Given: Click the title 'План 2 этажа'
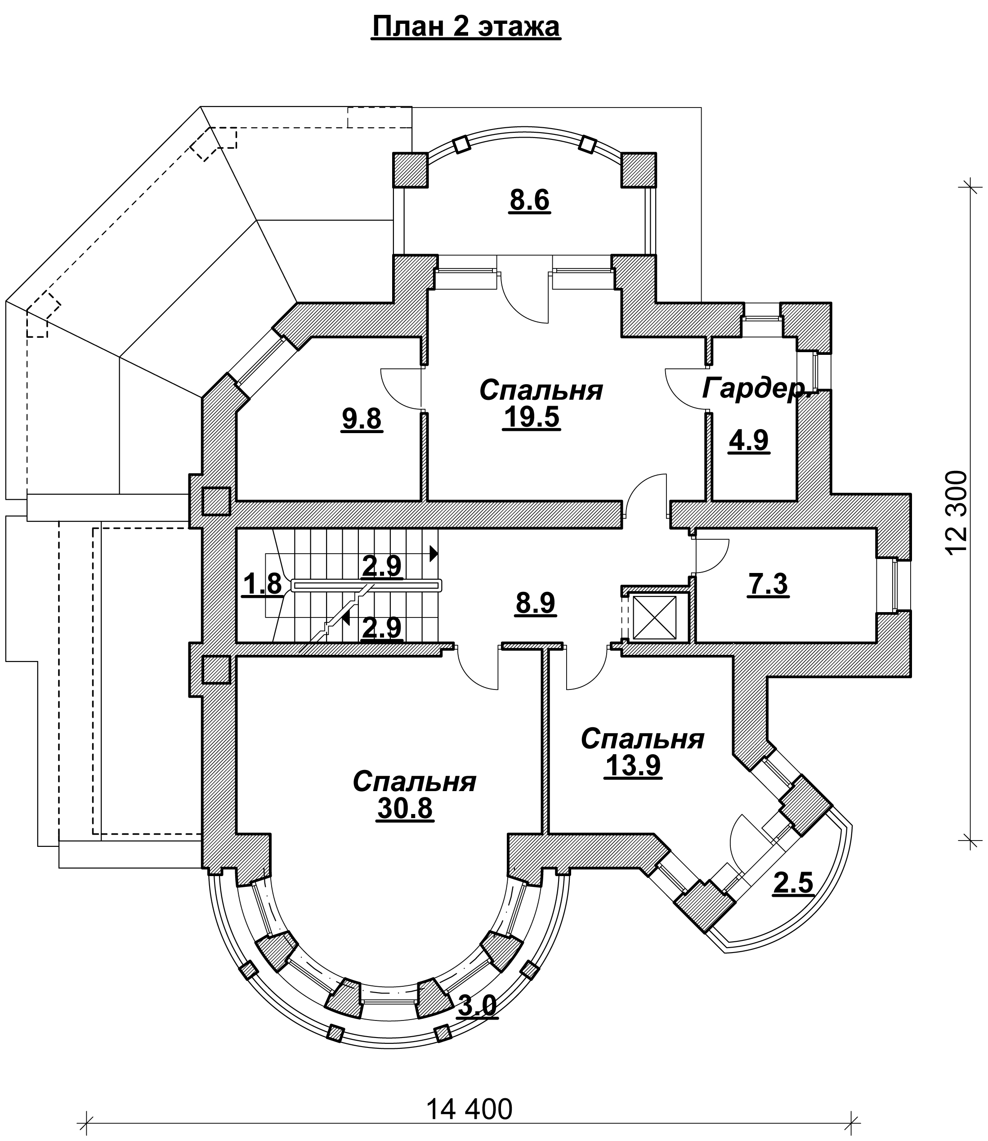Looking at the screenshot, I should (466, 27).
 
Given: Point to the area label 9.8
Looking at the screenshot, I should (361, 419).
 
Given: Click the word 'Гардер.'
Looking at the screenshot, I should (756, 389).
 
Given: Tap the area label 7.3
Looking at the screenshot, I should (768, 584).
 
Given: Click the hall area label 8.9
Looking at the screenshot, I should (535, 603).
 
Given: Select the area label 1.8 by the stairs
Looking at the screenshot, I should (263, 585).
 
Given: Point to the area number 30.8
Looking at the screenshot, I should (405, 809).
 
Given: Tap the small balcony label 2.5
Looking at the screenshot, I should (793, 883).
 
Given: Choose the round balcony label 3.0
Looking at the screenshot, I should (478, 1005).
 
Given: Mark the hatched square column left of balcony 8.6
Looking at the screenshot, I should (410, 170).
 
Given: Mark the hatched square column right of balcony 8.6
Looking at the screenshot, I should (639, 170).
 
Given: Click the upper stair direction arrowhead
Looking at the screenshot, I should (434, 553).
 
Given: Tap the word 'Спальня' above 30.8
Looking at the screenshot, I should (414, 782).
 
